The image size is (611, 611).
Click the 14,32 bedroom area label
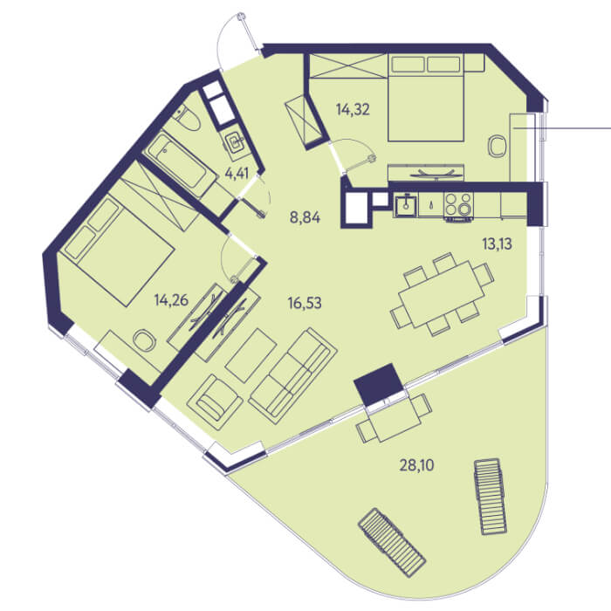pyautogui.click(x=353, y=110)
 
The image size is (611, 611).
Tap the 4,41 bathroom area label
pyautogui.click(x=237, y=173)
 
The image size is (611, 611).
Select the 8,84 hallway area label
pyautogui.click(x=305, y=217)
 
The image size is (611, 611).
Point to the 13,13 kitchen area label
pyautogui.click(x=497, y=244)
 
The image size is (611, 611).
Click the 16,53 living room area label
pyautogui.click(x=305, y=303)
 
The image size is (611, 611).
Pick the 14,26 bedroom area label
pyautogui.click(x=171, y=300)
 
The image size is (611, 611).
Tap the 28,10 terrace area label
pyautogui.click(x=416, y=465)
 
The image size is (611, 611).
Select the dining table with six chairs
pyautogui.click(x=443, y=294)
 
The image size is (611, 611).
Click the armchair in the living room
pyautogui.click(x=215, y=397)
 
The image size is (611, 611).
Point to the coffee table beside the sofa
pyautogui.click(x=251, y=355)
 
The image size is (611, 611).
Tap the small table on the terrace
pyautogui.click(x=395, y=418)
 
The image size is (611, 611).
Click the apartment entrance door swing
pyautogui.click(x=234, y=39)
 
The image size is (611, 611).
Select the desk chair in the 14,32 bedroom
pyautogui.click(x=497, y=147)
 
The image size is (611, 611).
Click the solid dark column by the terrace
pyautogui.click(x=378, y=385)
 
